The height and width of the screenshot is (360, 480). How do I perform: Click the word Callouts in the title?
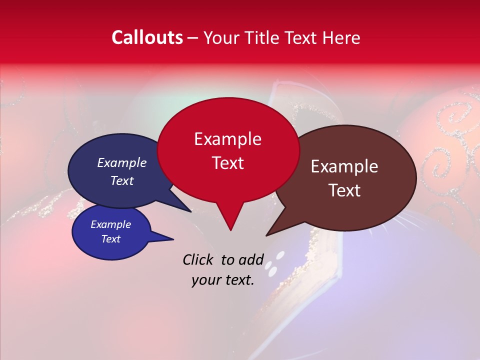(147, 37)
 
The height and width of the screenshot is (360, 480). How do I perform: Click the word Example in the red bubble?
(227, 139)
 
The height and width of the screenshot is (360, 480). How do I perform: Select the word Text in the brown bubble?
(344, 190)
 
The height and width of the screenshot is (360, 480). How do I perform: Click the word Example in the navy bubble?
(122, 162)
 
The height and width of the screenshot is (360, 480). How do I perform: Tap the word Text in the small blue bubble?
(111, 239)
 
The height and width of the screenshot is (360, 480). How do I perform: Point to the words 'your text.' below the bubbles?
(223, 280)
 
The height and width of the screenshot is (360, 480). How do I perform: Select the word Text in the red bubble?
(228, 163)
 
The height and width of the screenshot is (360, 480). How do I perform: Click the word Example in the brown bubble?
(344, 166)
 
